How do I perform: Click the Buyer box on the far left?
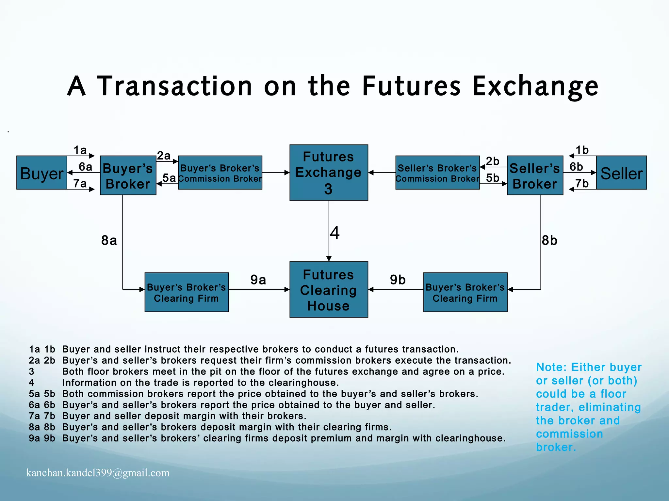(x=42, y=173)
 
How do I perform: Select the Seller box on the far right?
(x=621, y=173)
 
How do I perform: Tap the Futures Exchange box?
(x=329, y=172)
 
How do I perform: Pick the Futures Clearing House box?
(x=329, y=289)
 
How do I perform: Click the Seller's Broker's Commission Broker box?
(x=437, y=173)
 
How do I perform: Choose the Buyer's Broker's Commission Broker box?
(x=220, y=173)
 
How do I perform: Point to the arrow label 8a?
(x=109, y=241)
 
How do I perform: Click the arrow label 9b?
(x=398, y=280)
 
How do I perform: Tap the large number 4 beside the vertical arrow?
(x=335, y=233)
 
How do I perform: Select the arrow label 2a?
(x=164, y=156)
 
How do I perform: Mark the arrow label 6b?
(x=576, y=167)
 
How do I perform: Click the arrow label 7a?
(x=80, y=183)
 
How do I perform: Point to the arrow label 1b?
(x=582, y=150)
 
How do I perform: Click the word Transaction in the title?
(x=175, y=86)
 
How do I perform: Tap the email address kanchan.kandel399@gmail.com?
(x=98, y=473)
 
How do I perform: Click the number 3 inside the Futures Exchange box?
(x=328, y=189)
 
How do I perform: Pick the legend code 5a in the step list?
(x=34, y=394)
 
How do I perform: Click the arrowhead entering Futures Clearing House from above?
(x=329, y=259)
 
